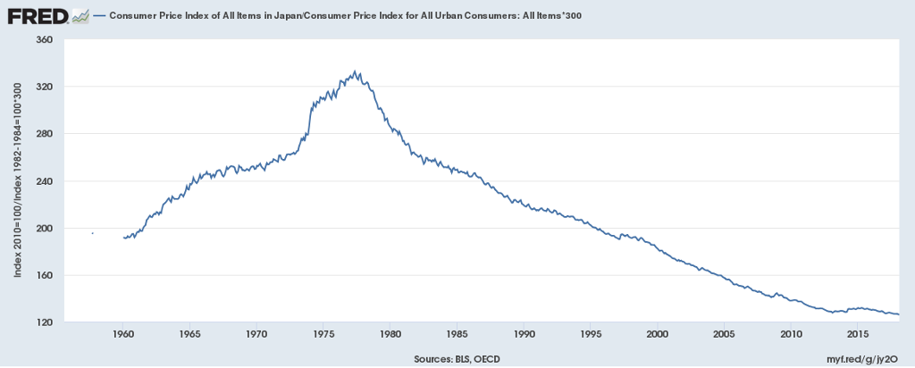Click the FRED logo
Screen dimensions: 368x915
click(x=36, y=15)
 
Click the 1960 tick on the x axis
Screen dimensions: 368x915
click(x=123, y=335)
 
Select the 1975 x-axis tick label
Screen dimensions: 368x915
click(x=323, y=335)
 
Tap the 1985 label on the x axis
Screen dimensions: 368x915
click(x=457, y=335)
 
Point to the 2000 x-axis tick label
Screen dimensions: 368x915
click(x=657, y=335)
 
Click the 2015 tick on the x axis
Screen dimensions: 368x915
click(x=857, y=335)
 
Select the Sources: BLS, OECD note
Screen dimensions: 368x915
click(x=457, y=357)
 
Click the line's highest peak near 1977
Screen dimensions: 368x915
click(x=356, y=71)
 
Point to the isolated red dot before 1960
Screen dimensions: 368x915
click(x=93, y=233)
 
